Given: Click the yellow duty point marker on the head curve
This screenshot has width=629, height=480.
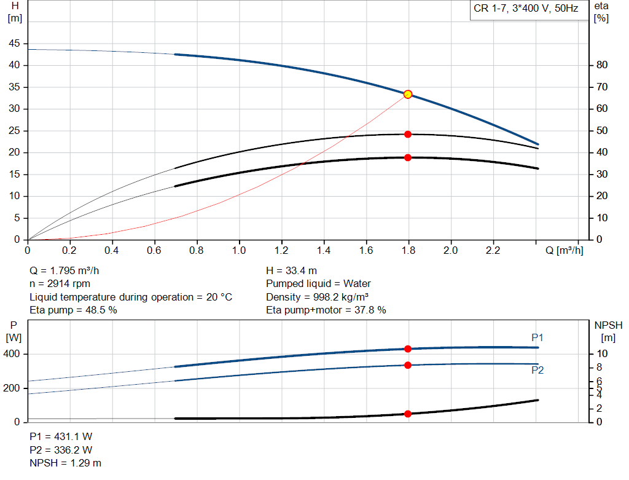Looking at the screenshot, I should click(407, 94).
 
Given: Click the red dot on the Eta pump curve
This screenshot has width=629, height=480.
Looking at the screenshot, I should click(407, 134).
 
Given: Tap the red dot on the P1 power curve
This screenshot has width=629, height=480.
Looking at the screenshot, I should click(407, 348).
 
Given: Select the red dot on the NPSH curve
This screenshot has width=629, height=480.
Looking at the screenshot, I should click(407, 414).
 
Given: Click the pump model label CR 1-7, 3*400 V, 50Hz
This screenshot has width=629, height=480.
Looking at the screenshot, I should click(526, 9).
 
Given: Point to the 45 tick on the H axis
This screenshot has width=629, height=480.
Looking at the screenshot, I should click(14, 44).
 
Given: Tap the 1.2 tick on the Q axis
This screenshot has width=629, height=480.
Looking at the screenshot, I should click(281, 251).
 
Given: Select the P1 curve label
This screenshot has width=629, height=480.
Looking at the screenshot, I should click(537, 337).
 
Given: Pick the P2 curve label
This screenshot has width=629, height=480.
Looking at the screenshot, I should click(537, 370).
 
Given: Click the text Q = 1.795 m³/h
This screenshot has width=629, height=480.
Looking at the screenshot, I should click(64, 271).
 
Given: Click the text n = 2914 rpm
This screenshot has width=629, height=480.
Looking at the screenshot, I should click(60, 284).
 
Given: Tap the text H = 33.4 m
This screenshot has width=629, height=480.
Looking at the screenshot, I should click(292, 271).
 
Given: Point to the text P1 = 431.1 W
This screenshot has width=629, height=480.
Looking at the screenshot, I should click(61, 436).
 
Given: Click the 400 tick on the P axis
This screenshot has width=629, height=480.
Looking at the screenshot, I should click(14, 354).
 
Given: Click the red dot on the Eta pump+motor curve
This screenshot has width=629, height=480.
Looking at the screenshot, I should click(407, 157).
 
